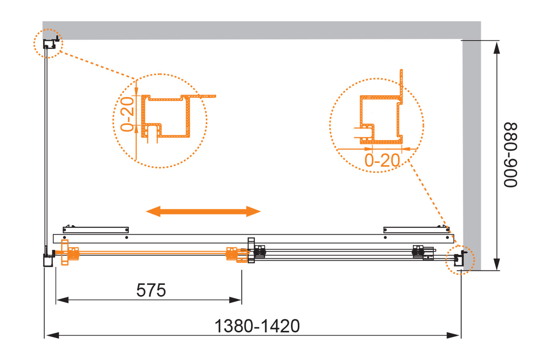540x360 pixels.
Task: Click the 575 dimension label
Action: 151,290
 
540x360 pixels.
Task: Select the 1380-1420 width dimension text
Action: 257,326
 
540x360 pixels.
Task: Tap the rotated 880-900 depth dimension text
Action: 510,155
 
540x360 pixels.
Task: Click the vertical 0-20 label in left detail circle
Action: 127,114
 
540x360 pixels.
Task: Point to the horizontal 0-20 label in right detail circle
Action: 382,160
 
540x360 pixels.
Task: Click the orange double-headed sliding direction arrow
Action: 203,211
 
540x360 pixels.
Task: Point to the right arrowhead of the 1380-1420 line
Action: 453,335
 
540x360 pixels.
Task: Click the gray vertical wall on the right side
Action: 472,155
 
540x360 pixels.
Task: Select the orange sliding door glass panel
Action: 152,252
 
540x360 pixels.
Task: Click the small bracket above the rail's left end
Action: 96,230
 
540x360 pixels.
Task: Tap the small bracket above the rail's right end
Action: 416,230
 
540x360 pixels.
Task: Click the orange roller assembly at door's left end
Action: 70,252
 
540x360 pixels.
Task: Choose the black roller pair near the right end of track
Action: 418,252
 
